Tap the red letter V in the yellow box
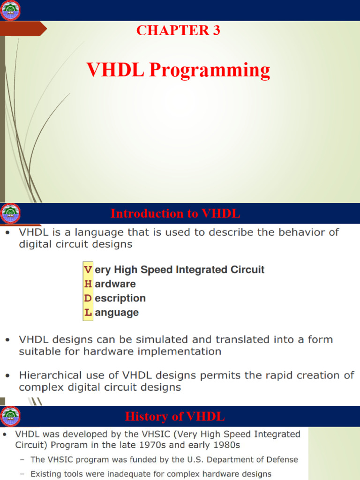(88, 270)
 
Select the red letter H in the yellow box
(88, 284)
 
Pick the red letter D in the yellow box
(88, 298)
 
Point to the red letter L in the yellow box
(88, 312)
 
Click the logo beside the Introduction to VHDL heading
(11, 213)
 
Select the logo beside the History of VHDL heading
(11, 416)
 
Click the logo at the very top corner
(11, 10)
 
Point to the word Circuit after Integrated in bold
(247, 270)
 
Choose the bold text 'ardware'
(115, 284)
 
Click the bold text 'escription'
(120, 298)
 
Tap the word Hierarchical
(51, 375)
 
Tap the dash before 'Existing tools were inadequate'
(22, 474)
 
